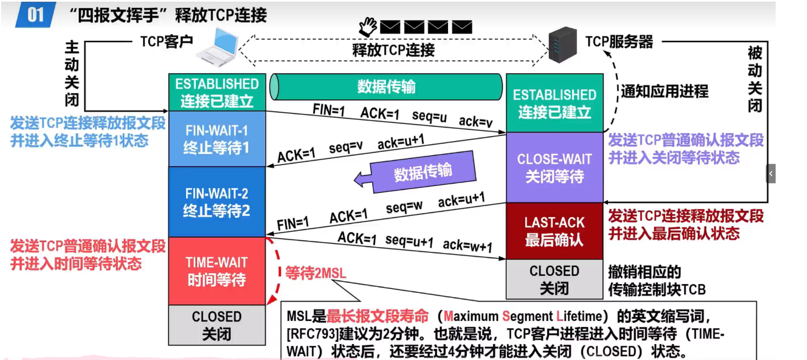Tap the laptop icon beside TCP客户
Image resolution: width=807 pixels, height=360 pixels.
point(218,47)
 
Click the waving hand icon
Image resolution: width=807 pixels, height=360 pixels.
point(367,25)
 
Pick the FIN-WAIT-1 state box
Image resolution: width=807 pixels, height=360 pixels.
point(217,139)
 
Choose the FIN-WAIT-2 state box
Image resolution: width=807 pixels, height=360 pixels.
point(217,201)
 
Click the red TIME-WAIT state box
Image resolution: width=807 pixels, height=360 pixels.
point(217,271)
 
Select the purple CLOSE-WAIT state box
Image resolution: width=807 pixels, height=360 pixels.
point(554,167)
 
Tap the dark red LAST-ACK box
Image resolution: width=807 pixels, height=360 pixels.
point(554,231)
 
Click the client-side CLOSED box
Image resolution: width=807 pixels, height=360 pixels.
point(217,325)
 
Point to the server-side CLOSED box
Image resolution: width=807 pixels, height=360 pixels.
point(554,279)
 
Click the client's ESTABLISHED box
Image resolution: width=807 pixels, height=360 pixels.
point(217,92)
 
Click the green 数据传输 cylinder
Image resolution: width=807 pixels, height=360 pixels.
point(386,87)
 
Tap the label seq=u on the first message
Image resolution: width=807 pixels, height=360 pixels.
point(429,116)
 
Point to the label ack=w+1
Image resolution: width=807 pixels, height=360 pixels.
point(467,245)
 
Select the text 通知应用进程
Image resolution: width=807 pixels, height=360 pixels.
point(664,91)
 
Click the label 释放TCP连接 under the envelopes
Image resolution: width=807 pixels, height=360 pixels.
point(394,50)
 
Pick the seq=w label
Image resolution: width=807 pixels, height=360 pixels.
point(404,208)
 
